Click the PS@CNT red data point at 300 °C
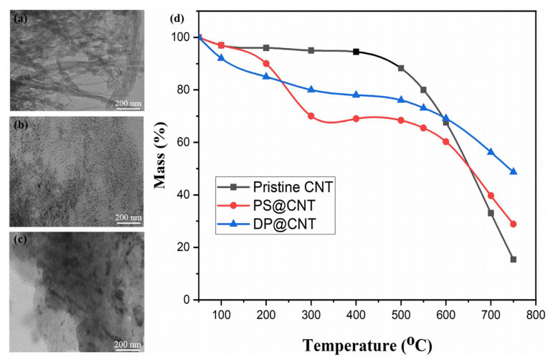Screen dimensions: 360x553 click(311, 116)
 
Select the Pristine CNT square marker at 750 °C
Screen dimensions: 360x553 click(514, 260)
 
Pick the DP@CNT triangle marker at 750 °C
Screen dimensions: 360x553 click(514, 171)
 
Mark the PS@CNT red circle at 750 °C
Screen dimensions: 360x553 click(514, 224)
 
